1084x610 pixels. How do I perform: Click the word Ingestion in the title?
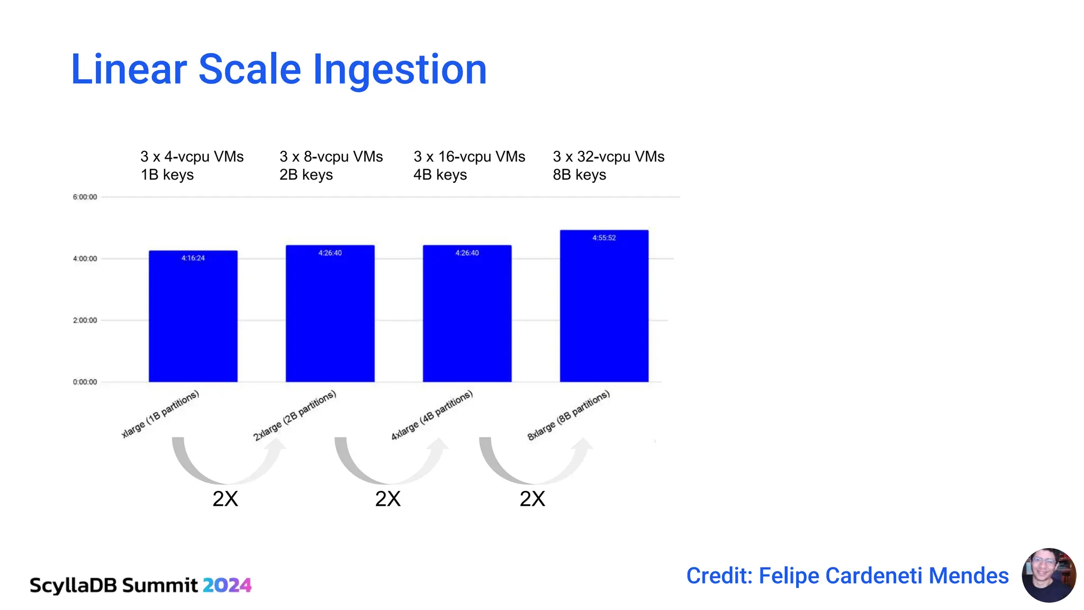pyautogui.click(x=400, y=70)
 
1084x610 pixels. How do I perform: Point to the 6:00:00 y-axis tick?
pyautogui.click(x=85, y=197)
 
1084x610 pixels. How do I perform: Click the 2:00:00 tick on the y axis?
pyautogui.click(x=85, y=320)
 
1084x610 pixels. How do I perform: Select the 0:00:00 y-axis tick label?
pyautogui.click(x=85, y=382)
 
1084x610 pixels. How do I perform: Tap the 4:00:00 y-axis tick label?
pyautogui.click(x=85, y=259)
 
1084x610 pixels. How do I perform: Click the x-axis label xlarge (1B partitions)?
pyautogui.click(x=160, y=414)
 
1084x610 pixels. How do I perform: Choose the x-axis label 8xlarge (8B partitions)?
pyautogui.click(x=568, y=416)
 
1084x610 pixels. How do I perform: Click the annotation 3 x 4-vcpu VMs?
pyautogui.click(x=192, y=157)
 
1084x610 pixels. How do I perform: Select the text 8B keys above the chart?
pyautogui.click(x=579, y=175)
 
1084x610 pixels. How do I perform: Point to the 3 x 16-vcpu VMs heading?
pyautogui.click(x=469, y=157)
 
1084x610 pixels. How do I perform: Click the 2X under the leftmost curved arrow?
pyautogui.click(x=225, y=499)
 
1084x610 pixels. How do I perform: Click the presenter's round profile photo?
pyautogui.click(x=1049, y=575)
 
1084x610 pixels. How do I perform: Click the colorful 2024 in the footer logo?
pyautogui.click(x=227, y=585)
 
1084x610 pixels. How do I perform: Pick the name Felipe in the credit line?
pyautogui.click(x=789, y=576)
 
